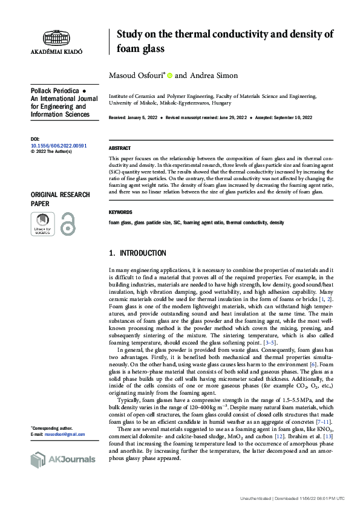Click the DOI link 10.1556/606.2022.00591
pyautogui.click(x=59, y=146)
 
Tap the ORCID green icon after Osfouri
pyautogui.click(x=170, y=76)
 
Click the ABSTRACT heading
pyautogui.click(x=120, y=148)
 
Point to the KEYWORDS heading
pyautogui.click(x=121, y=212)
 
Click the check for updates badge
pyautogui.click(x=42, y=224)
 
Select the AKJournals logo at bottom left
pyautogui.click(x=63, y=459)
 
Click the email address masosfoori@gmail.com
pyautogui.click(x=64, y=434)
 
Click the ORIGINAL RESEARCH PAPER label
pyautogui.click(x=60, y=199)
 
